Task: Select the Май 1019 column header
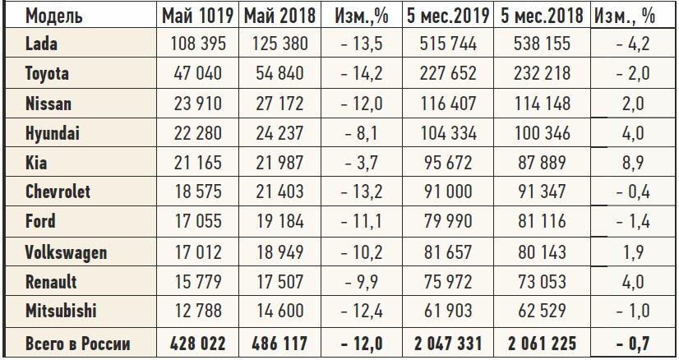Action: pos(196,15)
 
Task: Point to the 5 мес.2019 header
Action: pos(446,15)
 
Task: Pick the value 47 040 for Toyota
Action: pos(198,74)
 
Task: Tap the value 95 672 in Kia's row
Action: pos(446,163)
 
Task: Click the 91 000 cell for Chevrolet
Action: pos(446,192)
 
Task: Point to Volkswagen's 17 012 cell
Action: pos(198,252)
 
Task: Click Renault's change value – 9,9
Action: pos(359,281)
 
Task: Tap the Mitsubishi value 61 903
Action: pos(446,311)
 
